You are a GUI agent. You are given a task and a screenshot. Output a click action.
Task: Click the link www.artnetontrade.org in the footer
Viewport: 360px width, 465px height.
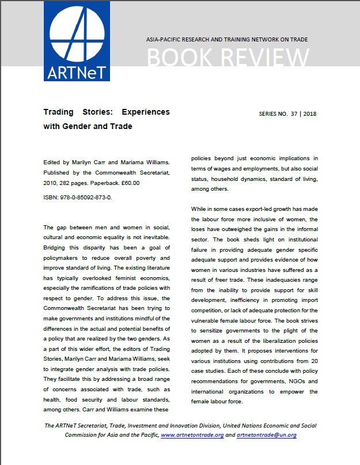[x=192, y=435]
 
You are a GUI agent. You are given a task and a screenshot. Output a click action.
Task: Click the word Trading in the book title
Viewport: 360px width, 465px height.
[x=60, y=112]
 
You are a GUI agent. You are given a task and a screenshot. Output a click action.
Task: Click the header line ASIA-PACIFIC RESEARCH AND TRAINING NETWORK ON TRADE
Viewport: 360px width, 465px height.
[x=228, y=40]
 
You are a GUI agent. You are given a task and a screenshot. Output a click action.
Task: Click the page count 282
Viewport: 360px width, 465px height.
[x=60, y=183]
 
